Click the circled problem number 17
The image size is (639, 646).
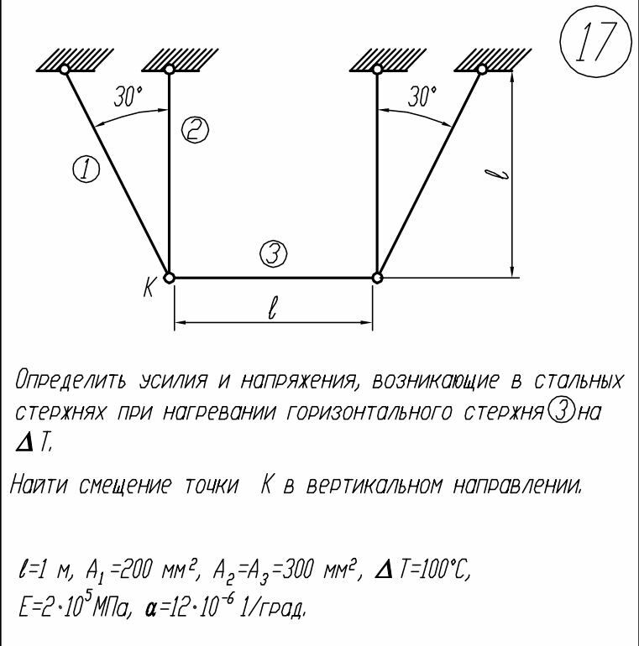tap(595, 42)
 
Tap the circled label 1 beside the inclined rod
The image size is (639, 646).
tap(86, 170)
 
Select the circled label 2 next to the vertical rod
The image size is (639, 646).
tap(195, 130)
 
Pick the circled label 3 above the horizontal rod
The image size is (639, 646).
tap(274, 253)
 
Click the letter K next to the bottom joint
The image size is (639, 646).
tap(149, 286)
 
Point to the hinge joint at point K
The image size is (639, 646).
tap(169, 278)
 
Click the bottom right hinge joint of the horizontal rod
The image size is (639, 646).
tap(377, 278)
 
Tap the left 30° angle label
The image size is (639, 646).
tap(128, 96)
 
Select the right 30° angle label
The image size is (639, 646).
tap(422, 96)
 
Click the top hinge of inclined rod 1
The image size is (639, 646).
tap(65, 69)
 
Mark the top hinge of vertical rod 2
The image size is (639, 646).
tap(169, 69)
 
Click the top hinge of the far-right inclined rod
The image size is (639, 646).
tap(482, 69)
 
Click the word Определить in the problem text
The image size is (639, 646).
tap(71, 380)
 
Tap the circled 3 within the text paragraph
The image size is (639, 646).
tap(560, 413)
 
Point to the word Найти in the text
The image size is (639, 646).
tap(39, 485)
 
